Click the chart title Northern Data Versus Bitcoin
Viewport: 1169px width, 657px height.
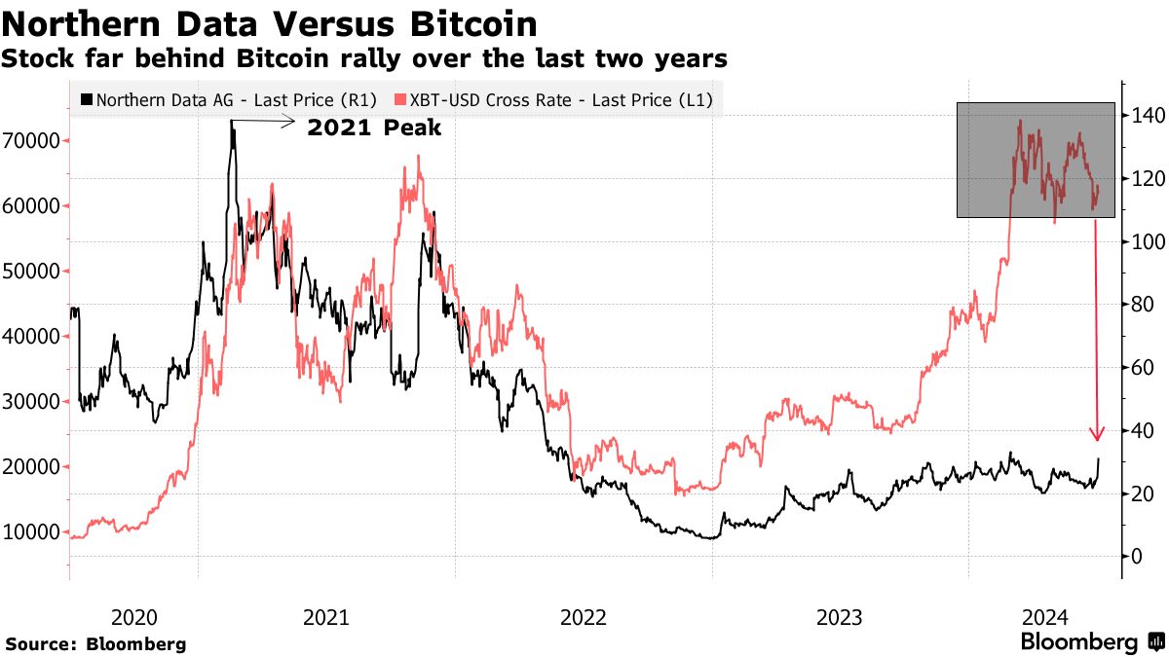pos(270,23)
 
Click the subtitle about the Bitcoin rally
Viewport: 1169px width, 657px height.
pos(364,59)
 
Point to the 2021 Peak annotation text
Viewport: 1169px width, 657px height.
pos(374,128)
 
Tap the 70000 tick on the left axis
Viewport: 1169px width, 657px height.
pos(33,141)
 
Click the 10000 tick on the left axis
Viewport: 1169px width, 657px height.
pos(33,532)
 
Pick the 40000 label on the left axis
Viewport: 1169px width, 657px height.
pos(33,337)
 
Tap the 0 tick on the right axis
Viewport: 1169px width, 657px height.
pos(1136,557)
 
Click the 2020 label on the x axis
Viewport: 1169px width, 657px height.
pos(134,617)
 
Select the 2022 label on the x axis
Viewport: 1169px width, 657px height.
pos(584,617)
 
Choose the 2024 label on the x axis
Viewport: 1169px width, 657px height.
pos(1046,617)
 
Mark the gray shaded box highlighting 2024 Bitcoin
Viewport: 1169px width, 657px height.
pos(1036,159)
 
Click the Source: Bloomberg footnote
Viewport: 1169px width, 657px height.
pos(95,644)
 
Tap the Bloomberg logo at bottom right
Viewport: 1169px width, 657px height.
pos(1091,642)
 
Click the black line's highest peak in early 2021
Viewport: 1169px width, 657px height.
pos(232,122)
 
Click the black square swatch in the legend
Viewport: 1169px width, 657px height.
pos(87,99)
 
